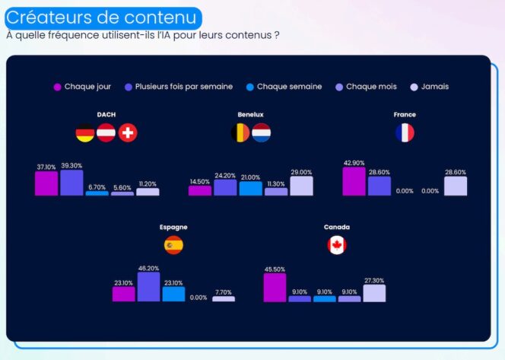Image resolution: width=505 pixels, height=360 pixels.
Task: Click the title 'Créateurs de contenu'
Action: pos(104,18)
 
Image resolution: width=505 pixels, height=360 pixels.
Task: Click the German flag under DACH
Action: pos(85,133)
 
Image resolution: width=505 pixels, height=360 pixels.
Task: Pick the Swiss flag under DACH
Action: pos(128,133)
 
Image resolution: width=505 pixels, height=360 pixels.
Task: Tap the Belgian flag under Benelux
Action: pos(240,133)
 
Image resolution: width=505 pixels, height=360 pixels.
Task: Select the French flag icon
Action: pos(405,133)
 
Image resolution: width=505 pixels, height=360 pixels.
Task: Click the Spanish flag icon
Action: pos(173,245)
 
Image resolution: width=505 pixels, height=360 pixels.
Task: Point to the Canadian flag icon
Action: pos(336,245)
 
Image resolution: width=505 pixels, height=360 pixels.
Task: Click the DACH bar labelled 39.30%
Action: pos(71,183)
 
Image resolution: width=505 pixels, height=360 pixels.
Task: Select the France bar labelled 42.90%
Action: pos(354,181)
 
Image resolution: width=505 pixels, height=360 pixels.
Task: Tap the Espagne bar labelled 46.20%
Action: pos(148,287)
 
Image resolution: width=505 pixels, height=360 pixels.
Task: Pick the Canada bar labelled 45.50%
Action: pos(275,288)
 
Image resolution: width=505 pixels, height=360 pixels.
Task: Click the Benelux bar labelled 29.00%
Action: pos(301,186)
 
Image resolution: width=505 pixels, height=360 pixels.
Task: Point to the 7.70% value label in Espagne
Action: pos(223,292)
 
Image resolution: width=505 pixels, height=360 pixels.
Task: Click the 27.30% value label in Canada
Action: pos(374,280)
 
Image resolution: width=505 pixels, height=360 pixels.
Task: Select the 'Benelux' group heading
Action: pos(250,115)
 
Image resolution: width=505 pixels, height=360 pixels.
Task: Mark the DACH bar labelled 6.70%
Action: pos(97,193)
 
